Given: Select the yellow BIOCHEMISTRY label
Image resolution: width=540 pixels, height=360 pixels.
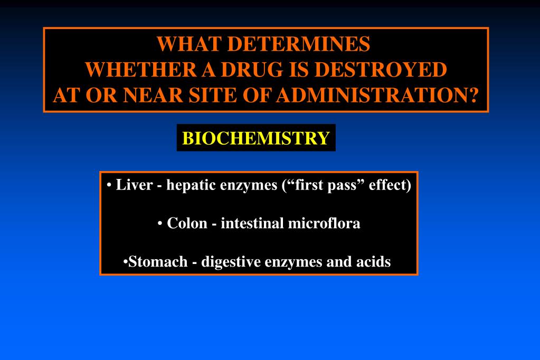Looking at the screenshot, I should tap(256, 138).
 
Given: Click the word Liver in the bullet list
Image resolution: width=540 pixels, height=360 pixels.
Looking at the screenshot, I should tap(134, 186).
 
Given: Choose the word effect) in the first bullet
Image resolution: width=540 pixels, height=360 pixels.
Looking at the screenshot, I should tap(390, 186).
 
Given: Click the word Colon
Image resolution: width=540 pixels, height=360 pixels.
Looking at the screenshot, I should tap(187, 223).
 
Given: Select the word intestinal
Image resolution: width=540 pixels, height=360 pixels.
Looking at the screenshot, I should tap(252, 223).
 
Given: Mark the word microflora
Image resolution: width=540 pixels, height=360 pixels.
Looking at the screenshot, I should tap(324, 223).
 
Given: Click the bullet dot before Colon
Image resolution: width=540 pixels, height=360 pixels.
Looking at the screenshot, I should tap(159, 224).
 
